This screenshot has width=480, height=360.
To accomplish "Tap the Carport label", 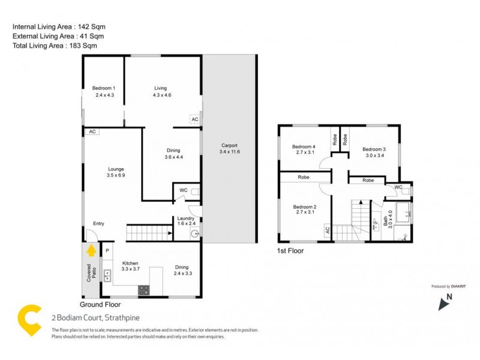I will (229, 145).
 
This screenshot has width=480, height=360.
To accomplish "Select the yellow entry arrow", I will (91, 250).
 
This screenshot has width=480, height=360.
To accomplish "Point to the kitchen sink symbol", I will (108, 276).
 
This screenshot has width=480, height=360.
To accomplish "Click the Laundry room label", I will (184, 218).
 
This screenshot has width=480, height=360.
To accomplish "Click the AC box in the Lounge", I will (92, 131).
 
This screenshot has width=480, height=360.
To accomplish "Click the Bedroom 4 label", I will (304, 147).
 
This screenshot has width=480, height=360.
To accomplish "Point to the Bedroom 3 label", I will (374, 149).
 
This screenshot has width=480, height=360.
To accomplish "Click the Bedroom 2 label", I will (304, 208).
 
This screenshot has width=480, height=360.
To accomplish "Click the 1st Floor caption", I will (290, 251).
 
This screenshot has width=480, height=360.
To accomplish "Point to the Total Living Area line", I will (55, 46).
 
